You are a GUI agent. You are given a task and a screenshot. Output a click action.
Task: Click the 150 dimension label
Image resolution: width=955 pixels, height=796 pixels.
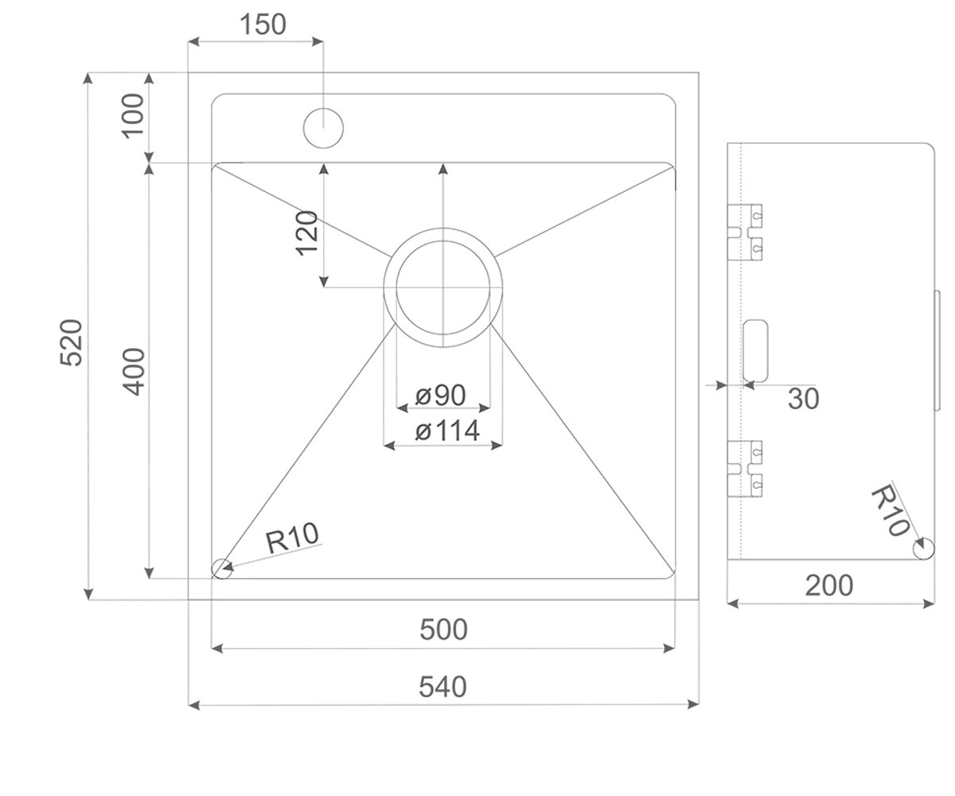[x=263, y=24]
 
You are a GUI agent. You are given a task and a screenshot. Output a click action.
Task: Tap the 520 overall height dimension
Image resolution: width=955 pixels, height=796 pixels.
[x=72, y=342]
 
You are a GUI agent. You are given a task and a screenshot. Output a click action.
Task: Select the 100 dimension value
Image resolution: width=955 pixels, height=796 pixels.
[x=133, y=115]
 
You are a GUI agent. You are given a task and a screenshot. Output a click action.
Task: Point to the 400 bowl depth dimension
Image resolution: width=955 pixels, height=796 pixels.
[x=133, y=372]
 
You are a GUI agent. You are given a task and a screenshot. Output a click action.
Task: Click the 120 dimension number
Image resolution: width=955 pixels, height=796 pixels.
[x=307, y=233]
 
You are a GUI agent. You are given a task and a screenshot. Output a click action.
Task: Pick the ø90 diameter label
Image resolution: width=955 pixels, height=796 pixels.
[x=440, y=395]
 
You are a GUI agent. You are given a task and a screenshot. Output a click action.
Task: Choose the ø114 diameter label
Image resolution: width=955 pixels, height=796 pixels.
[x=446, y=431]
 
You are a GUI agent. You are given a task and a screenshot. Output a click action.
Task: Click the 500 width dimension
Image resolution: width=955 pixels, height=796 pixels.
[x=443, y=630]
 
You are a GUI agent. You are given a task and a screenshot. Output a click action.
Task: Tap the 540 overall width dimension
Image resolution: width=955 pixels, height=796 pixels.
[x=442, y=687]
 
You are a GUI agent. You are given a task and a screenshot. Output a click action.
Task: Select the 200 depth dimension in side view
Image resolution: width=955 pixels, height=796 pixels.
[x=828, y=585]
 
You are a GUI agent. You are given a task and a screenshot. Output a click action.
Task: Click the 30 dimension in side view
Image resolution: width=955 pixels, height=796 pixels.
[x=804, y=399]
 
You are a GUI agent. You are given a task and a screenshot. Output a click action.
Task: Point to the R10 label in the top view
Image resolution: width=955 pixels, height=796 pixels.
[x=292, y=537]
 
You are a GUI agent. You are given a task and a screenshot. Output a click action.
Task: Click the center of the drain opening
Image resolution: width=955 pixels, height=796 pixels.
[x=442, y=287]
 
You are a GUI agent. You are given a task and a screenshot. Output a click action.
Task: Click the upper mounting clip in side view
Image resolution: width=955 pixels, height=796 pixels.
[x=745, y=232]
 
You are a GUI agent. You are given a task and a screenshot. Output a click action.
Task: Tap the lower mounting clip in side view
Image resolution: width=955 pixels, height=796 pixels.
[x=745, y=469]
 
